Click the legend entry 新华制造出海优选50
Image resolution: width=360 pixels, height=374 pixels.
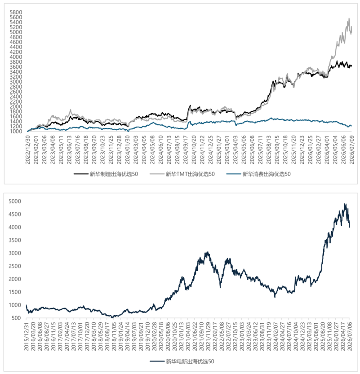[106, 174]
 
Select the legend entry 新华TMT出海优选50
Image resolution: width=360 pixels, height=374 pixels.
[182, 174]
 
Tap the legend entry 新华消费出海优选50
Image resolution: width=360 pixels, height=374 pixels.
[258, 174]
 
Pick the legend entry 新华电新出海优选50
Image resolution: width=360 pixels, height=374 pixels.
[182, 361]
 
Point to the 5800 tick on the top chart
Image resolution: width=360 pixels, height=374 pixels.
[16, 12]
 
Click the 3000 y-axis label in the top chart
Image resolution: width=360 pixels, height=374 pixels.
[16, 82]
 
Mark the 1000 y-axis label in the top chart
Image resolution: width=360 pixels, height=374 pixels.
[16, 132]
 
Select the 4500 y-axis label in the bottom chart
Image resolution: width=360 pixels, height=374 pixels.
[15, 214]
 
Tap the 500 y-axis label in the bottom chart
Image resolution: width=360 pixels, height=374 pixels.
[16, 318]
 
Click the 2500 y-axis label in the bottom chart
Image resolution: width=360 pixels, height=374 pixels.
[15, 266]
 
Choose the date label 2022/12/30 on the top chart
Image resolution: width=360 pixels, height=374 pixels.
[28, 150]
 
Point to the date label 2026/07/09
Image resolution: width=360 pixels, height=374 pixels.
[351, 150]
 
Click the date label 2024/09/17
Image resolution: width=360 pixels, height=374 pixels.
[186, 150]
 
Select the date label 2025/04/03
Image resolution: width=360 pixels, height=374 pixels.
[236, 150]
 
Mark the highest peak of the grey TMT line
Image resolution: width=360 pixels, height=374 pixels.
[349, 18]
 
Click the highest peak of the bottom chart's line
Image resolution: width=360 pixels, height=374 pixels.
[344, 203]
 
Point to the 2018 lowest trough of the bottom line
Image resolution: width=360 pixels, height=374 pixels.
[112, 318]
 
